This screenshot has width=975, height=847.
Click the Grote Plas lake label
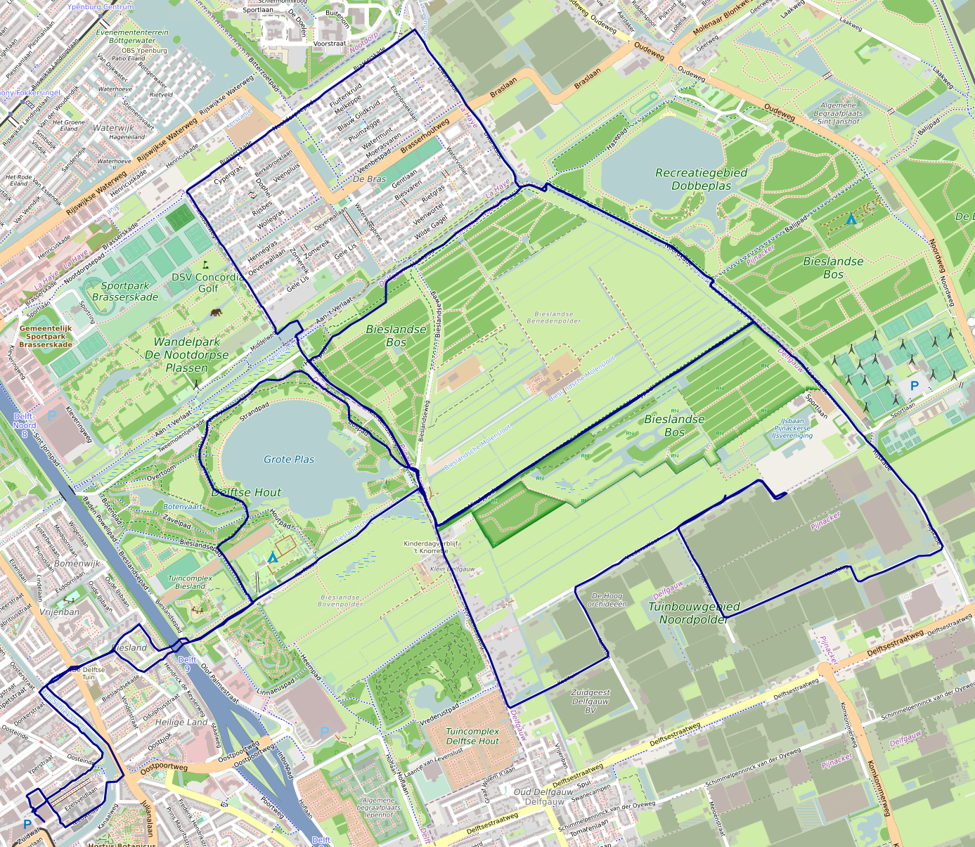coord(289,459)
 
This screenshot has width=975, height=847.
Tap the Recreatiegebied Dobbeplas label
coord(701,179)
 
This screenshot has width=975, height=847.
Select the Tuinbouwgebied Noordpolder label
coord(693,613)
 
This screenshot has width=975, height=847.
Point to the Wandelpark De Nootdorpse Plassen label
coord(187,354)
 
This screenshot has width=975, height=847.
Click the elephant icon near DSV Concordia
coord(215,312)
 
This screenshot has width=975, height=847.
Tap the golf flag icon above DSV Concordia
coord(206,265)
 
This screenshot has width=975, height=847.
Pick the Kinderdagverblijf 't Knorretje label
coord(431,547)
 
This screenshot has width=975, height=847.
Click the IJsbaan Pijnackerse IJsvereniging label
coord(792,428)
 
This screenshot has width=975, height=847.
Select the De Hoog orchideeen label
coord(607,600)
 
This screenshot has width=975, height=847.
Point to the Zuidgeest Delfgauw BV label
coord(590,701)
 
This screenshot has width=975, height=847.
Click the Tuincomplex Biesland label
coord(190,582)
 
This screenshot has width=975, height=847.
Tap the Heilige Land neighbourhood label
coord(181,722)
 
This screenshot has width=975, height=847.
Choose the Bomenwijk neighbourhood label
coord(77,563)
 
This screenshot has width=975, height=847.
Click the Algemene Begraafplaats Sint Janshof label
coord(839,113)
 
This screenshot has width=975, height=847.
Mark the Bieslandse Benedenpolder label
coord(554,318)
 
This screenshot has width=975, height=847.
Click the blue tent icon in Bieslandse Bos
coord(851,219)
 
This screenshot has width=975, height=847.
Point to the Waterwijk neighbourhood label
coord(113,128)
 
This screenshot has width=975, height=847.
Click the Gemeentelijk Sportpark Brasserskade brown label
coord(46,337)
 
